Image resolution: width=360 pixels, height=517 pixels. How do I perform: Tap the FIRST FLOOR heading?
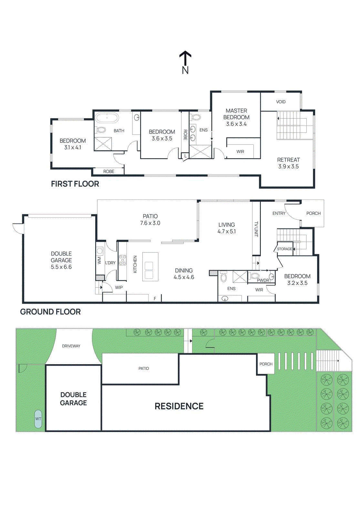[75, 184]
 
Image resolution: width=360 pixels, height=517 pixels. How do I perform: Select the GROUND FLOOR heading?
[50, 312]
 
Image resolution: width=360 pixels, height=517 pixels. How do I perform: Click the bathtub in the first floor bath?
[107, 118]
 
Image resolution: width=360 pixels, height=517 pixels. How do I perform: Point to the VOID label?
[281, 102]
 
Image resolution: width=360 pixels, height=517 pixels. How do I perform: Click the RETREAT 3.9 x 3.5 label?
[288, 163]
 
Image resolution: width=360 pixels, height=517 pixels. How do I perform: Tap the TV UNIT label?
[256, 229]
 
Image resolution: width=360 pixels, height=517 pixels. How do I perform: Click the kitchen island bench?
[150, 267]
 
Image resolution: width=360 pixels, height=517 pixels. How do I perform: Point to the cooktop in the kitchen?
[123, 260]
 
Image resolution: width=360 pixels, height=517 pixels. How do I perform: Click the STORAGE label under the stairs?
[284, 249]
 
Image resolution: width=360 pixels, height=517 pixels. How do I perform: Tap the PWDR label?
[263, 280]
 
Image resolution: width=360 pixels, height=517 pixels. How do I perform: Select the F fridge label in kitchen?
[155, 298]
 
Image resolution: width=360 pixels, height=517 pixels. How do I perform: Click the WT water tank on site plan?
[38, 419]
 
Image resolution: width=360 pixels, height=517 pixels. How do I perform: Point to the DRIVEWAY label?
[71, 346]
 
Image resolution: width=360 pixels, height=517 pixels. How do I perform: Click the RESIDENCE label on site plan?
[179, 406]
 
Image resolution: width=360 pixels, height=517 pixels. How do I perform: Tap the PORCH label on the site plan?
[266, 364]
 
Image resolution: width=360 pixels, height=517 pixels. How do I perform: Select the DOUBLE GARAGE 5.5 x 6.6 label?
[61, 260]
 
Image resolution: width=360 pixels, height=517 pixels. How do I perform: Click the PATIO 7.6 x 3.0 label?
[150, 219]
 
